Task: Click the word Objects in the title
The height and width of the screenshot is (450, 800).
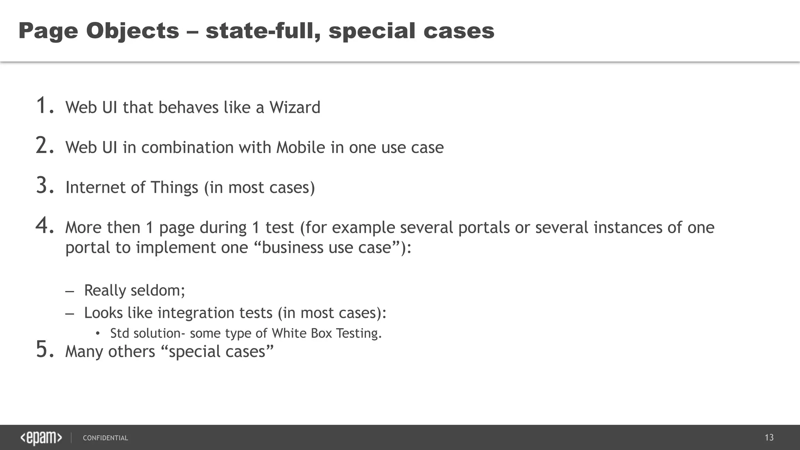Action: click(x=132, y=31)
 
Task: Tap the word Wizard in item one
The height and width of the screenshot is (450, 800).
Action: click(x=295, y=107)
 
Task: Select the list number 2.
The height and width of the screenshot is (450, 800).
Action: click(x=45, y=146)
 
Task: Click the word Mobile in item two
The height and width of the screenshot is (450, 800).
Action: click(x=300, y=148)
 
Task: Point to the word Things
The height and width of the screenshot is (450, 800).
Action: click(x=174, y=187)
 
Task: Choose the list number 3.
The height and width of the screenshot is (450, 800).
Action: click(x=45, y=186)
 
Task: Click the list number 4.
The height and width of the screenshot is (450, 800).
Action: click(x=45, y=226)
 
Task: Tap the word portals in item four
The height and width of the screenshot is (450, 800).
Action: click(x=484, y=228)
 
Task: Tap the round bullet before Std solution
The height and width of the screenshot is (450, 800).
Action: click(x=98, y=334)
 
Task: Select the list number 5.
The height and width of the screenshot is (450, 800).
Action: click(x=45, y=350)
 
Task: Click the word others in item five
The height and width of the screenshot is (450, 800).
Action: click(x=132, y=352)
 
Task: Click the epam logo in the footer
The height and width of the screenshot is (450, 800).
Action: click(x=41, y=438)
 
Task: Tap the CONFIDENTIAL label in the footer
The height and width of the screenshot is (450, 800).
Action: click(x=105, y=438)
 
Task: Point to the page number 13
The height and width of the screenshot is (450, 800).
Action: click(x=769, y=437)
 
